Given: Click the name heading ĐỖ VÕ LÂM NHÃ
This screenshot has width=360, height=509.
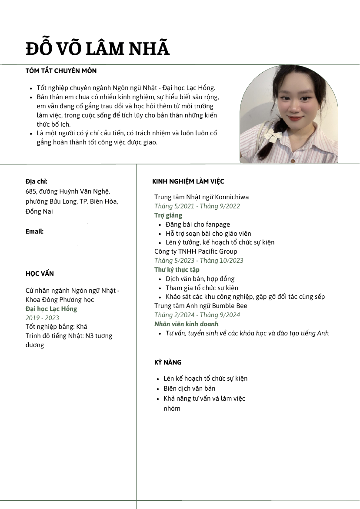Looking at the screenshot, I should [x=97, y=49].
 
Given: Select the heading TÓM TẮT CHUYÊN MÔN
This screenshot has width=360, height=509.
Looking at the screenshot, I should [x=61, y=71].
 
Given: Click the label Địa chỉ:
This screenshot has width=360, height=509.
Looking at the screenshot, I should [x=37, y=181].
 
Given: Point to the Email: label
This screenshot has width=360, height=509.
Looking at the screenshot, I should [x=34, y=231].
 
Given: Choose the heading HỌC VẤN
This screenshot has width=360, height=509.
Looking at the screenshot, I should [x=40, y=274].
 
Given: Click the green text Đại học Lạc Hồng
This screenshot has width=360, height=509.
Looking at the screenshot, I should [x=51, y=309].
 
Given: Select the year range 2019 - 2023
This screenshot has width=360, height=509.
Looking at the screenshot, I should [x=42, y=318].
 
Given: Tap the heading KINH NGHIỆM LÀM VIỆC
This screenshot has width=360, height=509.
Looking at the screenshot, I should [x=188, y=181].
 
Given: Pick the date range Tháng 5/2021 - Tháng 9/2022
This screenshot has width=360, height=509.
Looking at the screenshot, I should [x=197, y=206].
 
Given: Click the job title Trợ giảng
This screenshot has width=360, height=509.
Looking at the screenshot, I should [x=168, y=215].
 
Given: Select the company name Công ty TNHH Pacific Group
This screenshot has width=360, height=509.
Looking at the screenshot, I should [x=196, y=251].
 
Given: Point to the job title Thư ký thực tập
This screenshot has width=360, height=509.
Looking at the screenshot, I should [x=177, y=270].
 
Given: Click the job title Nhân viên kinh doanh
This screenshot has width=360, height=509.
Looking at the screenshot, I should [x=187, y=324].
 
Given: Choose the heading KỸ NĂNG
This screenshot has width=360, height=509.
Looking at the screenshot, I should [x=168, y=362].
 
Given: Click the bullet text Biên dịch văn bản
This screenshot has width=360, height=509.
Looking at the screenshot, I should [x=189, y=388].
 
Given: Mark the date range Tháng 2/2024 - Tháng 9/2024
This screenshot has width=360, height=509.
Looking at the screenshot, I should [x=197, y=315].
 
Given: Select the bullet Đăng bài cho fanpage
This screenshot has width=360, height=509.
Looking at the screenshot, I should [x=197, y=224].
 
